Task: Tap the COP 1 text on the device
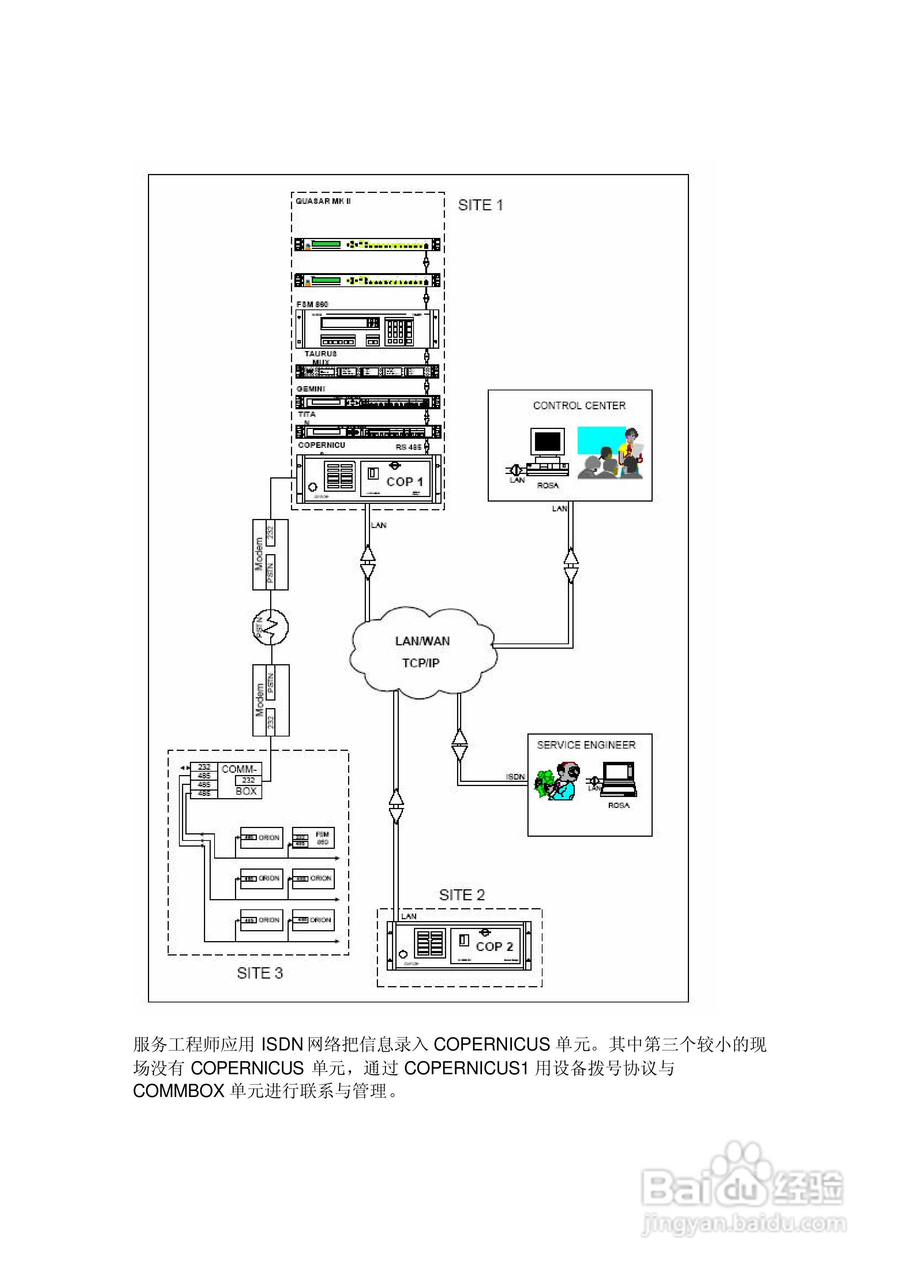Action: pos(404,482)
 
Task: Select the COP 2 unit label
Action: pos(495,946)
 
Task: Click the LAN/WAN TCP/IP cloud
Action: pos(422,652)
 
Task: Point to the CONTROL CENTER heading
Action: pos(579,406)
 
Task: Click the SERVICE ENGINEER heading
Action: pos(586,745)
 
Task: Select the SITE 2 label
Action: pos(462,895)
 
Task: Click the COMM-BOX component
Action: pos(239,780)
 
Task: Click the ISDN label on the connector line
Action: pos(515,777)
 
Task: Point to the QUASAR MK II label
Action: pos(323,201)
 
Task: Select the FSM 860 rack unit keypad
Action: pos(398,331)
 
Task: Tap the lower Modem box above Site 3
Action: pos(271,700)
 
